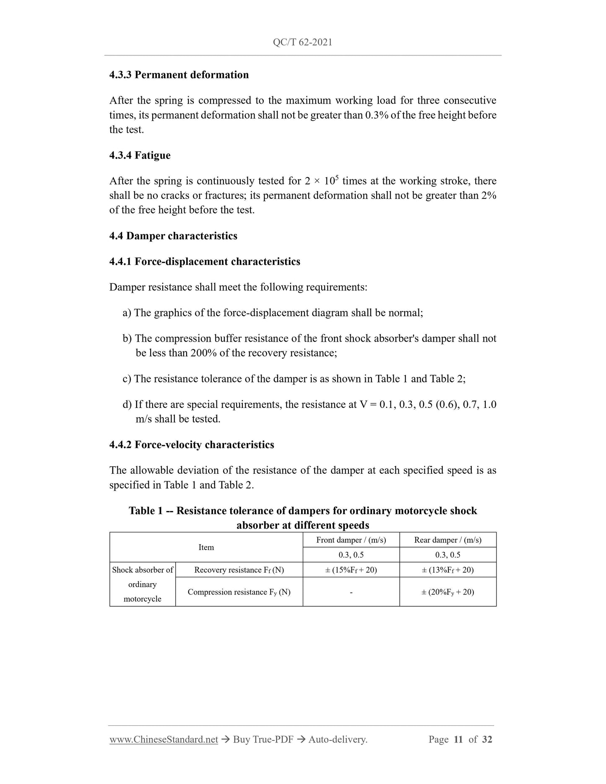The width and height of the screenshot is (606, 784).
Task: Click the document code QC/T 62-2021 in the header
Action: tap(302, 42)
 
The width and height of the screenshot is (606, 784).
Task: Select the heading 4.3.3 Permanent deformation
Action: tap(179, 75)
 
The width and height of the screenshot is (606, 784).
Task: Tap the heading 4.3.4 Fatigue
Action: tap(140, 155)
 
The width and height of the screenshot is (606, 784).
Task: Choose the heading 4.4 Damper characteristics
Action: tap(173, 236)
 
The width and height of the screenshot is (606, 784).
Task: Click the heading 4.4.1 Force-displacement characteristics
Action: tap(205, 262)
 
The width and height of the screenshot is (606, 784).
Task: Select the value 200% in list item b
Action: tap(203, 353)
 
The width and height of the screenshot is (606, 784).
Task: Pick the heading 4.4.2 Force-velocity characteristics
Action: tap(192, 445)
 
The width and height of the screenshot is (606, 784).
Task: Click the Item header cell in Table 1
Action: tap(206, 547)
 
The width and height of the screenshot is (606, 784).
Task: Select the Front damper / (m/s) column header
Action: tap(351, 540)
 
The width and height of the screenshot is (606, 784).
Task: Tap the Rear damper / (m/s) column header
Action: tap(447, 540)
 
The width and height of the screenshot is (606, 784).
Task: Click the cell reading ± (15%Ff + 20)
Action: tap(351, 570)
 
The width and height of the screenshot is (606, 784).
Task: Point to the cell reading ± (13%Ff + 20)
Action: tap(447, 570)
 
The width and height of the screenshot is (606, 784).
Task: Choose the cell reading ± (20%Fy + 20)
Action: tap(447, 592)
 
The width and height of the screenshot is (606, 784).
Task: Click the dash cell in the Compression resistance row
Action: tap(351, 592)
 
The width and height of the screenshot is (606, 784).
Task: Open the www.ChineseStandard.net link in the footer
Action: tap(164, 740)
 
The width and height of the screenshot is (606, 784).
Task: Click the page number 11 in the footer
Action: tap(458, 740)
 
